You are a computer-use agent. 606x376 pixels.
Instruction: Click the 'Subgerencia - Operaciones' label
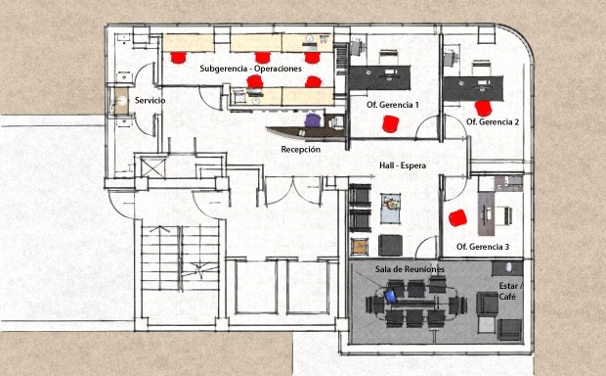click(x=250, y=69)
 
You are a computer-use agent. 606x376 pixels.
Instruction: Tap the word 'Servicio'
click(x=150, y=100)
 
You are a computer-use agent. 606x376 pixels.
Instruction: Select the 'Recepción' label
click(x=301, y=149)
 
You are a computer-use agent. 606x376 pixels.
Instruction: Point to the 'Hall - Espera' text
click(x=403, y=165)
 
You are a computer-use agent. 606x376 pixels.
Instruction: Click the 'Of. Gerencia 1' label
click(x=393, y=105)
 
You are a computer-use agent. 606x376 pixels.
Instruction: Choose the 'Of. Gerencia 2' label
click(x=493, y=122)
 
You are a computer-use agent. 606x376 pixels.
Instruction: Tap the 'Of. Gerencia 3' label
click(x=483, y=247)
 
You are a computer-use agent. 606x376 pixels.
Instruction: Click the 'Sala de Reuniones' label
click(x=410, y=269)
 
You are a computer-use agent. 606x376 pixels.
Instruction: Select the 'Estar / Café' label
click(x=508, y=291)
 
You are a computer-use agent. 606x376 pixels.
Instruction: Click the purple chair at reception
click(x=313, y=120)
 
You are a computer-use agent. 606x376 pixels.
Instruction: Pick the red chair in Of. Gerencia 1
click(x=390, y=124)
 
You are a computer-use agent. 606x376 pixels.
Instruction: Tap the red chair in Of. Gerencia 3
click(x=458, y=218)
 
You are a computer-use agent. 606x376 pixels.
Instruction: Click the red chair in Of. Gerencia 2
click(x=484, y=108)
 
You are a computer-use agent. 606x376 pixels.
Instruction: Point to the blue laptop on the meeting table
click(x=391, y=297)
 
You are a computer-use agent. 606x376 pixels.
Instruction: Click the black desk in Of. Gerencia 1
click(x=380, y=77)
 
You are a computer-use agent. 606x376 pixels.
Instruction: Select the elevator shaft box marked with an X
click(x=152, y=168)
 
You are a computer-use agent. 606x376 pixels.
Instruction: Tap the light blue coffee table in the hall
click(x=390, y=209)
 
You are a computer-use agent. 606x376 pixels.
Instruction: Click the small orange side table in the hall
click(x=360, y=247)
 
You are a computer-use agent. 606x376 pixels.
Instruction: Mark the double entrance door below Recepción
click(x=293, y=191)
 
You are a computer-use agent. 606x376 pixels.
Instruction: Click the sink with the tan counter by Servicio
click(x=122, y=101)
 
